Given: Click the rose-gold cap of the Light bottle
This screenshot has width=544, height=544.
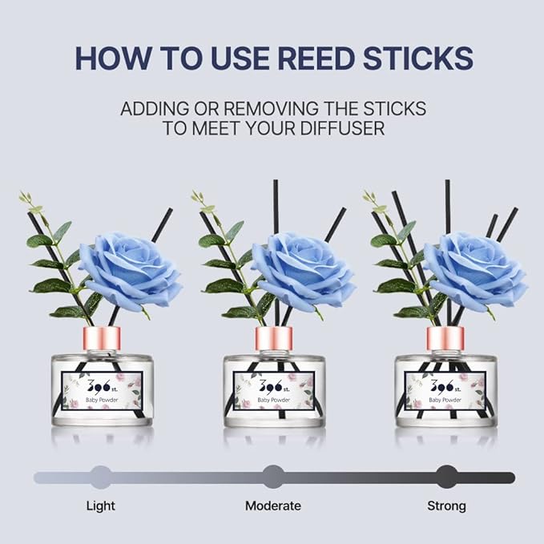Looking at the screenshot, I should tap(102, 338).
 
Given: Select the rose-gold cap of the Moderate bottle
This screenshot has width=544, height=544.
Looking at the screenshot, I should tap(273, 338).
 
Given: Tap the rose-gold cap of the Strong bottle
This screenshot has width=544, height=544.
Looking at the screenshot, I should tap(445, 338).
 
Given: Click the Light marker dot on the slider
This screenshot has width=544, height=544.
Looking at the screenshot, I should tap(101, 478).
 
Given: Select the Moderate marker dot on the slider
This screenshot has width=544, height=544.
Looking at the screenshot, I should tap(273, 478).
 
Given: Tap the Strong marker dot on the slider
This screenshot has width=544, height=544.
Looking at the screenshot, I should tap(446, 478).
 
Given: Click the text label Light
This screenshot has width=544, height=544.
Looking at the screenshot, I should tap(101, 506).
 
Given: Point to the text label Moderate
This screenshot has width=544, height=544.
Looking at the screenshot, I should tap(273, 506).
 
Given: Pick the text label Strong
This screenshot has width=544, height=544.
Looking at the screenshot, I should tap(446, 506).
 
